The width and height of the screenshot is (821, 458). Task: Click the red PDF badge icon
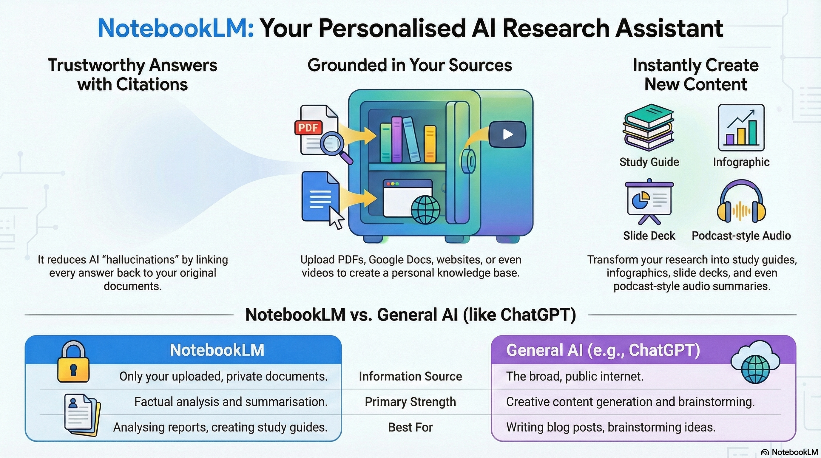[x=308, y=128]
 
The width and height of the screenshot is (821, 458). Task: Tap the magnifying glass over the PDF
[x=332, y=143]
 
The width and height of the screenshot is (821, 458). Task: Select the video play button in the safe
[x=507, y=134]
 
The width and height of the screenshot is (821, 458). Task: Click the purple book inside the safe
[x=397, y=140]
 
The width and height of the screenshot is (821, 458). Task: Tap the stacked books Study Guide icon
[x=649, y=127]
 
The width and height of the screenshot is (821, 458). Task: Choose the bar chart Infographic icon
[x=741, y=128]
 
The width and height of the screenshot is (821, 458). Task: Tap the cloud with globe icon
[x=755, y=362]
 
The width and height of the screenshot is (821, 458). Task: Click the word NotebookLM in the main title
[x=176, y=28]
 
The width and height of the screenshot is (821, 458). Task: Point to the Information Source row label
[x=410, y=377]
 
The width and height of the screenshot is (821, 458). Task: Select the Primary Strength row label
[x=410, y=402]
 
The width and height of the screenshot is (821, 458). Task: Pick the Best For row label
[x=410, y=427]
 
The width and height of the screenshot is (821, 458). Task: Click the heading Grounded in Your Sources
[x=410, y=65]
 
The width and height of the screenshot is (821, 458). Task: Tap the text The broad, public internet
[x=575, y=377]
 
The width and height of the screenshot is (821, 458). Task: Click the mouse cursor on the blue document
[x=336, y=218]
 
